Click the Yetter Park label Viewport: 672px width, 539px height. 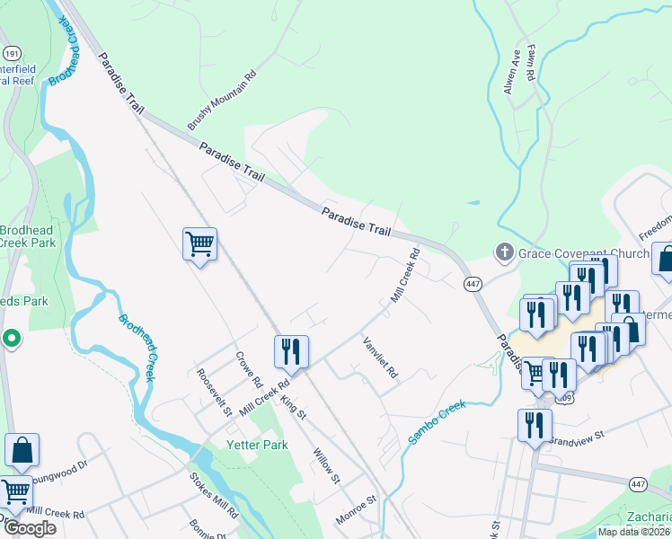click(x=263, y=445)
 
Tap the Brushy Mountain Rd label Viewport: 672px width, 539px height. click(x=222, y=100)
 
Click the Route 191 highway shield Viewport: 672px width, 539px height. click(x=12, y=53)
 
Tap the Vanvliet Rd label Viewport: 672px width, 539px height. click(x=379, y=357)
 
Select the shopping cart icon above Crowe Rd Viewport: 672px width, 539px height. click(x=200, y=243)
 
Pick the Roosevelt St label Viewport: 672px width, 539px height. click(x=215, y=393)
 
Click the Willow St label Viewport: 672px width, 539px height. click(x=326, y=465)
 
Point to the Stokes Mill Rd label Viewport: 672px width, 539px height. click(x=214, y=495)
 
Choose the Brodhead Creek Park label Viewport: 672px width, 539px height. click(x=27, y=236)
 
